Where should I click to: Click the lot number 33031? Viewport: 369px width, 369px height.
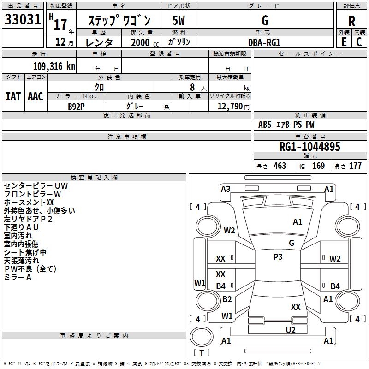pos(23,19)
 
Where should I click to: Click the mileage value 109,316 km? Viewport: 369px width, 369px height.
pos(54,66)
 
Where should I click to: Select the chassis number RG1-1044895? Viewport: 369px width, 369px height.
pos(309,147)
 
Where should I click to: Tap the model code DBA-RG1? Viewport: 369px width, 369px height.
pos(264,42)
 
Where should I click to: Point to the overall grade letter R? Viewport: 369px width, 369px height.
pos(351,21)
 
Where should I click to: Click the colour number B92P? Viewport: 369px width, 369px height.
pos(76,107)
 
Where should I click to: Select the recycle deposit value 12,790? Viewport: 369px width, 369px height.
pos(230,106)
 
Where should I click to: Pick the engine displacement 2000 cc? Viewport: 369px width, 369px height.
pos(145,42)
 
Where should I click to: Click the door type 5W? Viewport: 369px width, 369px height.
pos(179,20)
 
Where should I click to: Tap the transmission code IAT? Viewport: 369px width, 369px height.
pos(13,96)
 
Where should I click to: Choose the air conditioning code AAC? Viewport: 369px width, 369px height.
pos(36,96)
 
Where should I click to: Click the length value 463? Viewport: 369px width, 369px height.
pos(280,166)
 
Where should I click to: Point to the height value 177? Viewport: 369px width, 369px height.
pos(355,166)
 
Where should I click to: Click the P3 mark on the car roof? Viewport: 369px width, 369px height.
pos(278,257)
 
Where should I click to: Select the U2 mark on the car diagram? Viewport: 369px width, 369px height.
pos(291,330)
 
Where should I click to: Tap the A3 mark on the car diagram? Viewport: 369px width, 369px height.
pos(226,189)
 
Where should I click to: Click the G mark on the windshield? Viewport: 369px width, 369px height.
pos(292,243)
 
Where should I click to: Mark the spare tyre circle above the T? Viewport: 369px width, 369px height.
pos(202,337)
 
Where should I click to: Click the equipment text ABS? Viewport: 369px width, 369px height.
pos(265,125)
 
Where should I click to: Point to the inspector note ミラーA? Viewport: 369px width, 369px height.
pos(18,277)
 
